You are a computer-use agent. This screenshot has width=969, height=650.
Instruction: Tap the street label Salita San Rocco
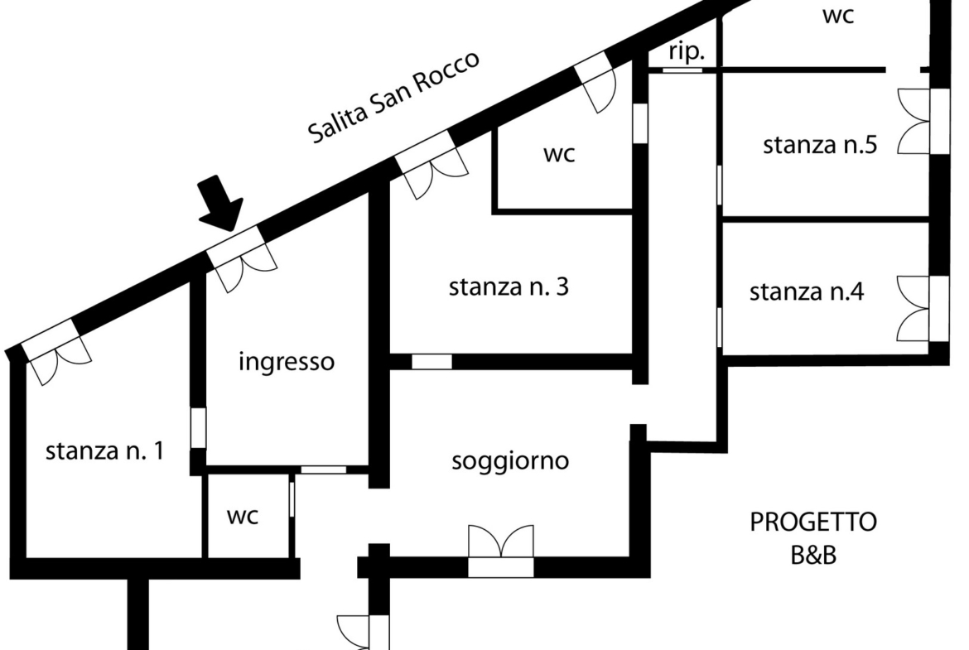click(393, 96)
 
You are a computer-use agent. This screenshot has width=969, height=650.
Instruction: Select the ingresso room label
click(286, 362)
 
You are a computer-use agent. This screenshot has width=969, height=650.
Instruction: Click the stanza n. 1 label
click(104, 450)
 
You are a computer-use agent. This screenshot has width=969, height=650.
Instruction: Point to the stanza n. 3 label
click(509, 286)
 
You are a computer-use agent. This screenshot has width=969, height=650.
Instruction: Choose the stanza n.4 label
click(807, 291)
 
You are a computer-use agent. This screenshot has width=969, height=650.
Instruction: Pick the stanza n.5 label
click(820, 145)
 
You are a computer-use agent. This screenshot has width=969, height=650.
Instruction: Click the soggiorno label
click(510, 461)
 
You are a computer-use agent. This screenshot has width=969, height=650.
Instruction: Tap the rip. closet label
click(687, 52)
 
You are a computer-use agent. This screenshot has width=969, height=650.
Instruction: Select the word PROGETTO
click(813, 522)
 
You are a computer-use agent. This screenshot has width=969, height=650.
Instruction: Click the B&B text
click(813, 555)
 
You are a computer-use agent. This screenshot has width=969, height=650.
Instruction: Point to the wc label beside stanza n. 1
click(242, 517)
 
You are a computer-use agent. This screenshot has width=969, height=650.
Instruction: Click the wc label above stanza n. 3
click(559, 154)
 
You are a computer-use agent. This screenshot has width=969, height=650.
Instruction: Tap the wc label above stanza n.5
click(838, 16)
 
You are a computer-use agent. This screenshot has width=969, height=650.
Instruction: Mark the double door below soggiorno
click(500, 551)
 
